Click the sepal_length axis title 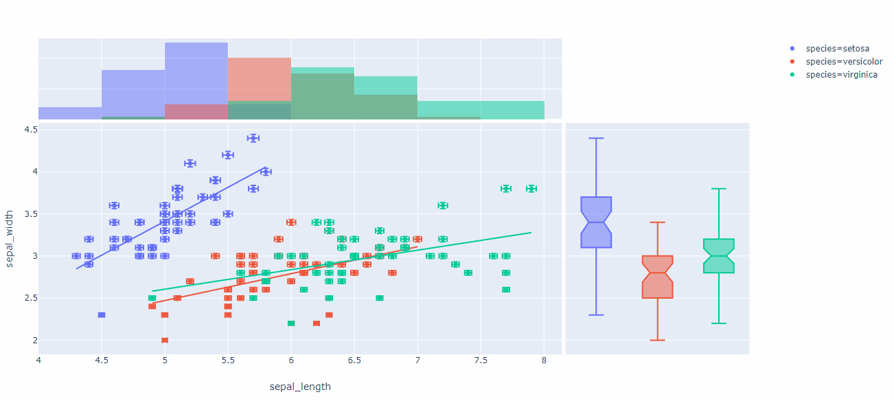click(300, 387)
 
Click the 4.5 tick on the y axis click(30, 130)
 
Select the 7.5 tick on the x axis click(481, 360)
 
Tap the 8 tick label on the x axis click(544, 360)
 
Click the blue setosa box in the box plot click(596, 222)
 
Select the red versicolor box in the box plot click(657, 277)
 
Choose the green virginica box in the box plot click(719, 256)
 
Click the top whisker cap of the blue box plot click(596, 138)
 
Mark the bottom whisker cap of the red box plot click(657, 340)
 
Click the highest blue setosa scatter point click(253, 138)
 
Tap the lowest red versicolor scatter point click(165, 340)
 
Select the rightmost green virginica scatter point click(531, 189)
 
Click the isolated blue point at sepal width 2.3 click(102, 314)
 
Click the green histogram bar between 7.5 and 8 click(512, 111)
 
